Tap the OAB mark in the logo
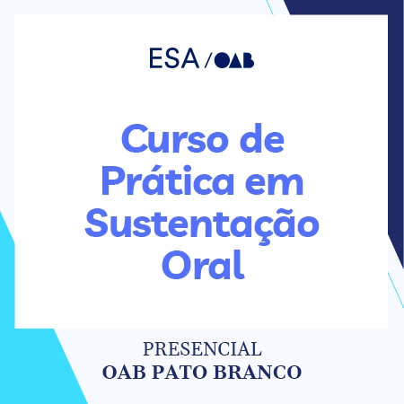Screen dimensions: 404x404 coord(235,60)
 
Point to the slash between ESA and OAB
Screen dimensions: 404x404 coord(208,61)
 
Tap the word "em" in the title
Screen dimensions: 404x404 coord(277,181)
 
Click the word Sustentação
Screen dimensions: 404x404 coord(202,223)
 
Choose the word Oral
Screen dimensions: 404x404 coord(202,264)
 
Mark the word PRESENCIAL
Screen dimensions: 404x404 coord(202,348)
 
